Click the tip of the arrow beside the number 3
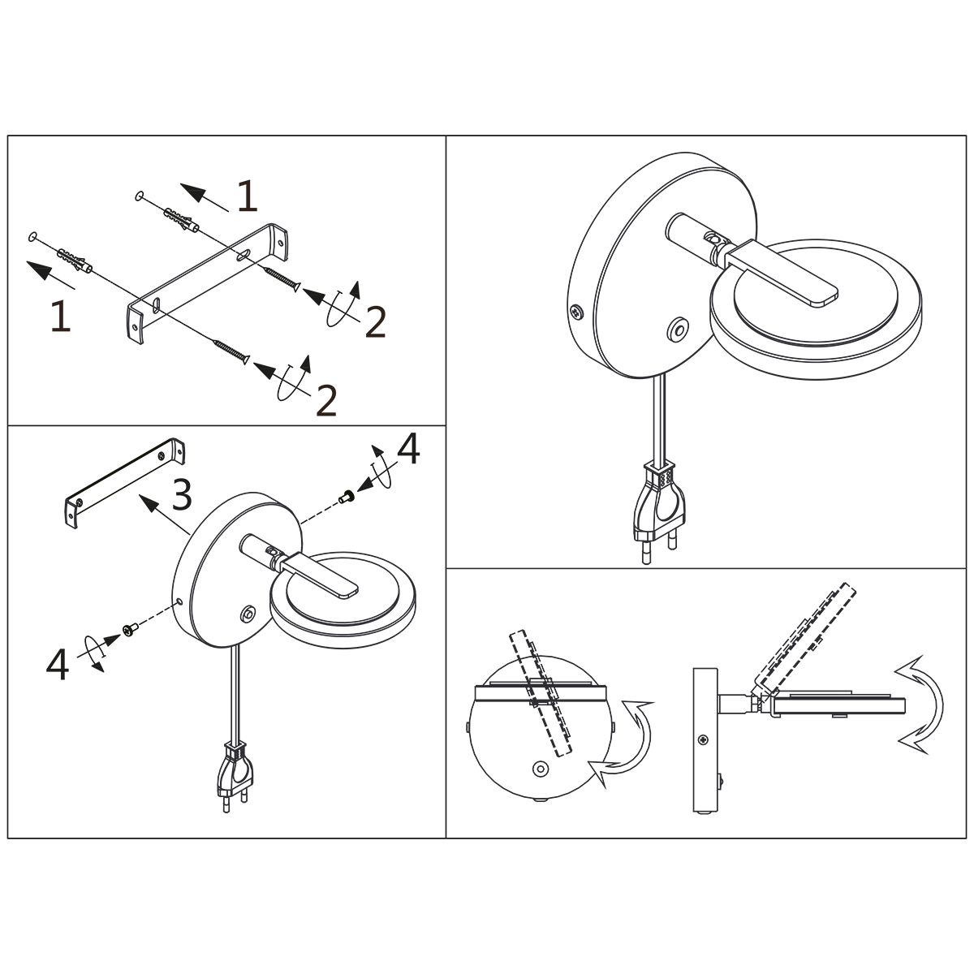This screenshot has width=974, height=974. tap(140, 496)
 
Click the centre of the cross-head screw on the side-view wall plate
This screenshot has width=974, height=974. tap(703, 740)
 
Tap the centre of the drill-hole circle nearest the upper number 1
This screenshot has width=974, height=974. tap(139, 195)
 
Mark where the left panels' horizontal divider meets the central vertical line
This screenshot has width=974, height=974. tap(446, 425)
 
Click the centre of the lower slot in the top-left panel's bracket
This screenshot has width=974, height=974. tap(156, 305)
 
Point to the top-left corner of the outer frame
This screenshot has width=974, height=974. tap(7, 136)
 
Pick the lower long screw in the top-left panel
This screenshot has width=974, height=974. tap(231, 351)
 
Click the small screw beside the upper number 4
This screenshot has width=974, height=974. tap(346, 497)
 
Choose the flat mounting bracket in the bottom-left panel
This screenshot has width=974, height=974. tap(125, 482)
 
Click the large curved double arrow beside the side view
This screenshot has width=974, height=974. tap(920, 705)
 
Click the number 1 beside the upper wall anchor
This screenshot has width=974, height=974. tap(248, 196)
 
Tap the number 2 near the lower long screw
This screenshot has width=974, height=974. tap(326, 400)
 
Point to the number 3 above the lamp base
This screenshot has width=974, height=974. tap(182, 494)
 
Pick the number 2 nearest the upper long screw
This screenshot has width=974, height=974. tap(376, 322)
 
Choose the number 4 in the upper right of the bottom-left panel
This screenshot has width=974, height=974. tap(408, 449)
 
